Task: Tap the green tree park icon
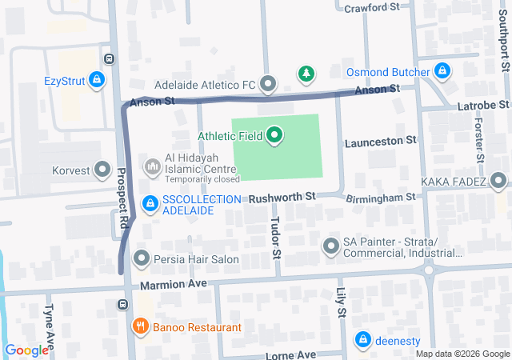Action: (x=306, y=74)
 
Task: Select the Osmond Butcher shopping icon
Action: (x=442, y=72)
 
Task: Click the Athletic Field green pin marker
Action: (x=275, y=135)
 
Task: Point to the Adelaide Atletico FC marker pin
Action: (x=268, y=84)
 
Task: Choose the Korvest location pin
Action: (x=102, y=169)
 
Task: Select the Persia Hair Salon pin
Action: (x=142, y=258)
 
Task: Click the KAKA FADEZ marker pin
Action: (x=499, y=181)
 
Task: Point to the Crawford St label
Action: (x=371, y=8)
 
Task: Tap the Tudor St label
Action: (x=276, y=238)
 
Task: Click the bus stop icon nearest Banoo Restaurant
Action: (x=122, y=304)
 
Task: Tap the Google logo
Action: (x=26, y=350)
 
